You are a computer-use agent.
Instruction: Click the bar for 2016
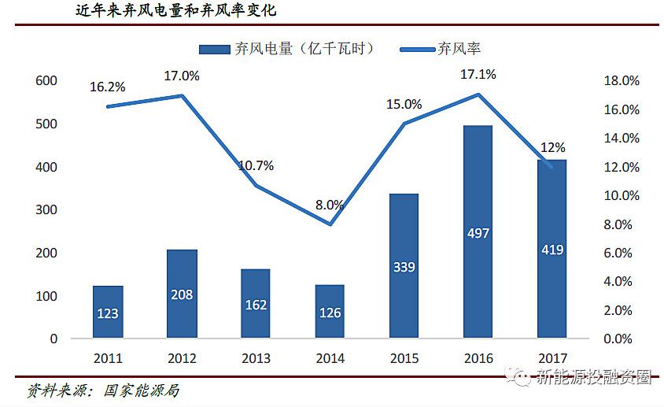tap(478, 231)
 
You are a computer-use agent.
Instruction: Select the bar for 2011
tap(108, 312)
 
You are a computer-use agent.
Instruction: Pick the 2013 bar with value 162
tap(256, 304)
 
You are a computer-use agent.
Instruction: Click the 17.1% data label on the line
tap(478, 75)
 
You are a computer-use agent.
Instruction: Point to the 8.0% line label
tap(330, 205)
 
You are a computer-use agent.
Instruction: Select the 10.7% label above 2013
tap(256, 166)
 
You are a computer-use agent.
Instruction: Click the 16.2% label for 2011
tap(109, 87)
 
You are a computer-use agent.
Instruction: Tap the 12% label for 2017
tap(553, 148)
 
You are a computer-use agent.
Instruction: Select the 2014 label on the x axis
tap(330, 359)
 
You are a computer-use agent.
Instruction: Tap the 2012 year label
tap(182, 359)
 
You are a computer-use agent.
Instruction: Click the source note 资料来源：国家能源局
tap(103, 390)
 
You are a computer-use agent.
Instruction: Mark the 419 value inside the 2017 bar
tap(552, 250)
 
